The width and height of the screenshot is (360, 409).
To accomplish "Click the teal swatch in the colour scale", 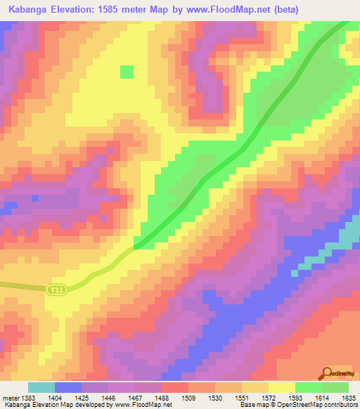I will click(x=41, y=387).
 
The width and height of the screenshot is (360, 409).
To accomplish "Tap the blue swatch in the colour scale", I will click(x=67, y=387).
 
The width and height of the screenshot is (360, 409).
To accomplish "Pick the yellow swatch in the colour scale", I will click(x=281, y=387).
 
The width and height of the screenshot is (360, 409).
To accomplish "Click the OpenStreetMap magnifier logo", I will click(x=326, y=373).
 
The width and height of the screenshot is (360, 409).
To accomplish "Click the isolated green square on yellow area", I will click(x=127, y=72).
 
